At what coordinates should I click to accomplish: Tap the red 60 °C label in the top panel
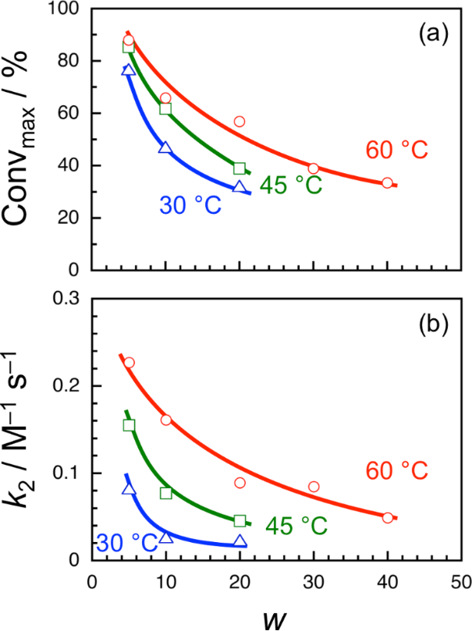(x=396, y=151)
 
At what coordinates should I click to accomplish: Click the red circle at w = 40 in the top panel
(x=388, y=183)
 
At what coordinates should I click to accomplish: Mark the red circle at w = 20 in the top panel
(x=240, y=122)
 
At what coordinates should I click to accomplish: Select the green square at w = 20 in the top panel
(x=240, y=168)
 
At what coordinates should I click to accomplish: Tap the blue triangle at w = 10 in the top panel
(x=165, y=147)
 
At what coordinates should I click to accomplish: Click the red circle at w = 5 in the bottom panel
(x=129, y=363)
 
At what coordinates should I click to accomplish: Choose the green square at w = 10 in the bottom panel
(x=165, y=493)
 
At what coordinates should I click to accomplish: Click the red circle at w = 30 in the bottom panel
(x=314, y=487)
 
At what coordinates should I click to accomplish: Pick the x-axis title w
(x=277, y=615)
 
